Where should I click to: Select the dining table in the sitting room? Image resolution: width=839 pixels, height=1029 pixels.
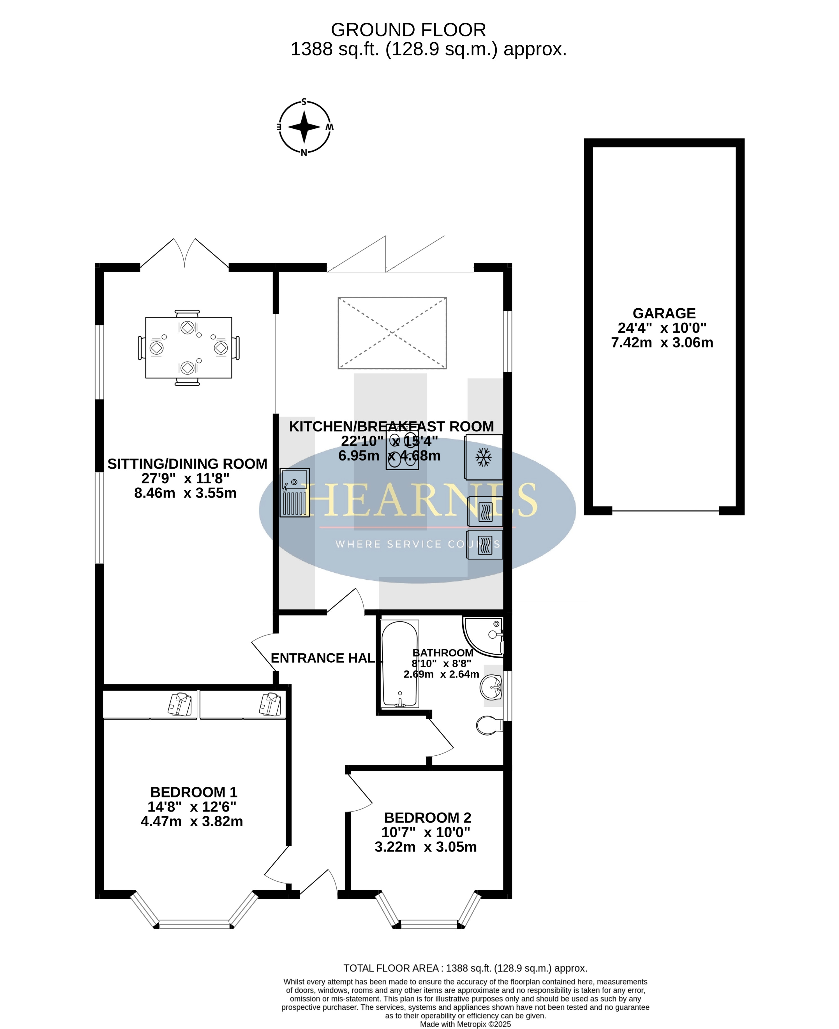[x=188, y=348]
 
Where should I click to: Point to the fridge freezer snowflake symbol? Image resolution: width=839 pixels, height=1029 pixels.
[x=483, y=457]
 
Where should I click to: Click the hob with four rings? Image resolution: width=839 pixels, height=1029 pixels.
[x=402, y=447]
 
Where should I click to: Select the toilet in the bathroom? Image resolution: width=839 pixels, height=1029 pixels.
[x=489, y=725]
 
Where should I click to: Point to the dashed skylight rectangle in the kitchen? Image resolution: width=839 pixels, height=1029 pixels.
[x=392, y=333]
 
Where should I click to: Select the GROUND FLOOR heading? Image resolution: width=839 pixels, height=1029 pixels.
[x=408, y=30]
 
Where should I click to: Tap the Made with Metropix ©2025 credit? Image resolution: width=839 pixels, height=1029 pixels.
[x=465, y=1024]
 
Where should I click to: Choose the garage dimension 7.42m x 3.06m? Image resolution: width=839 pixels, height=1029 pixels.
[x=662, y=343]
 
